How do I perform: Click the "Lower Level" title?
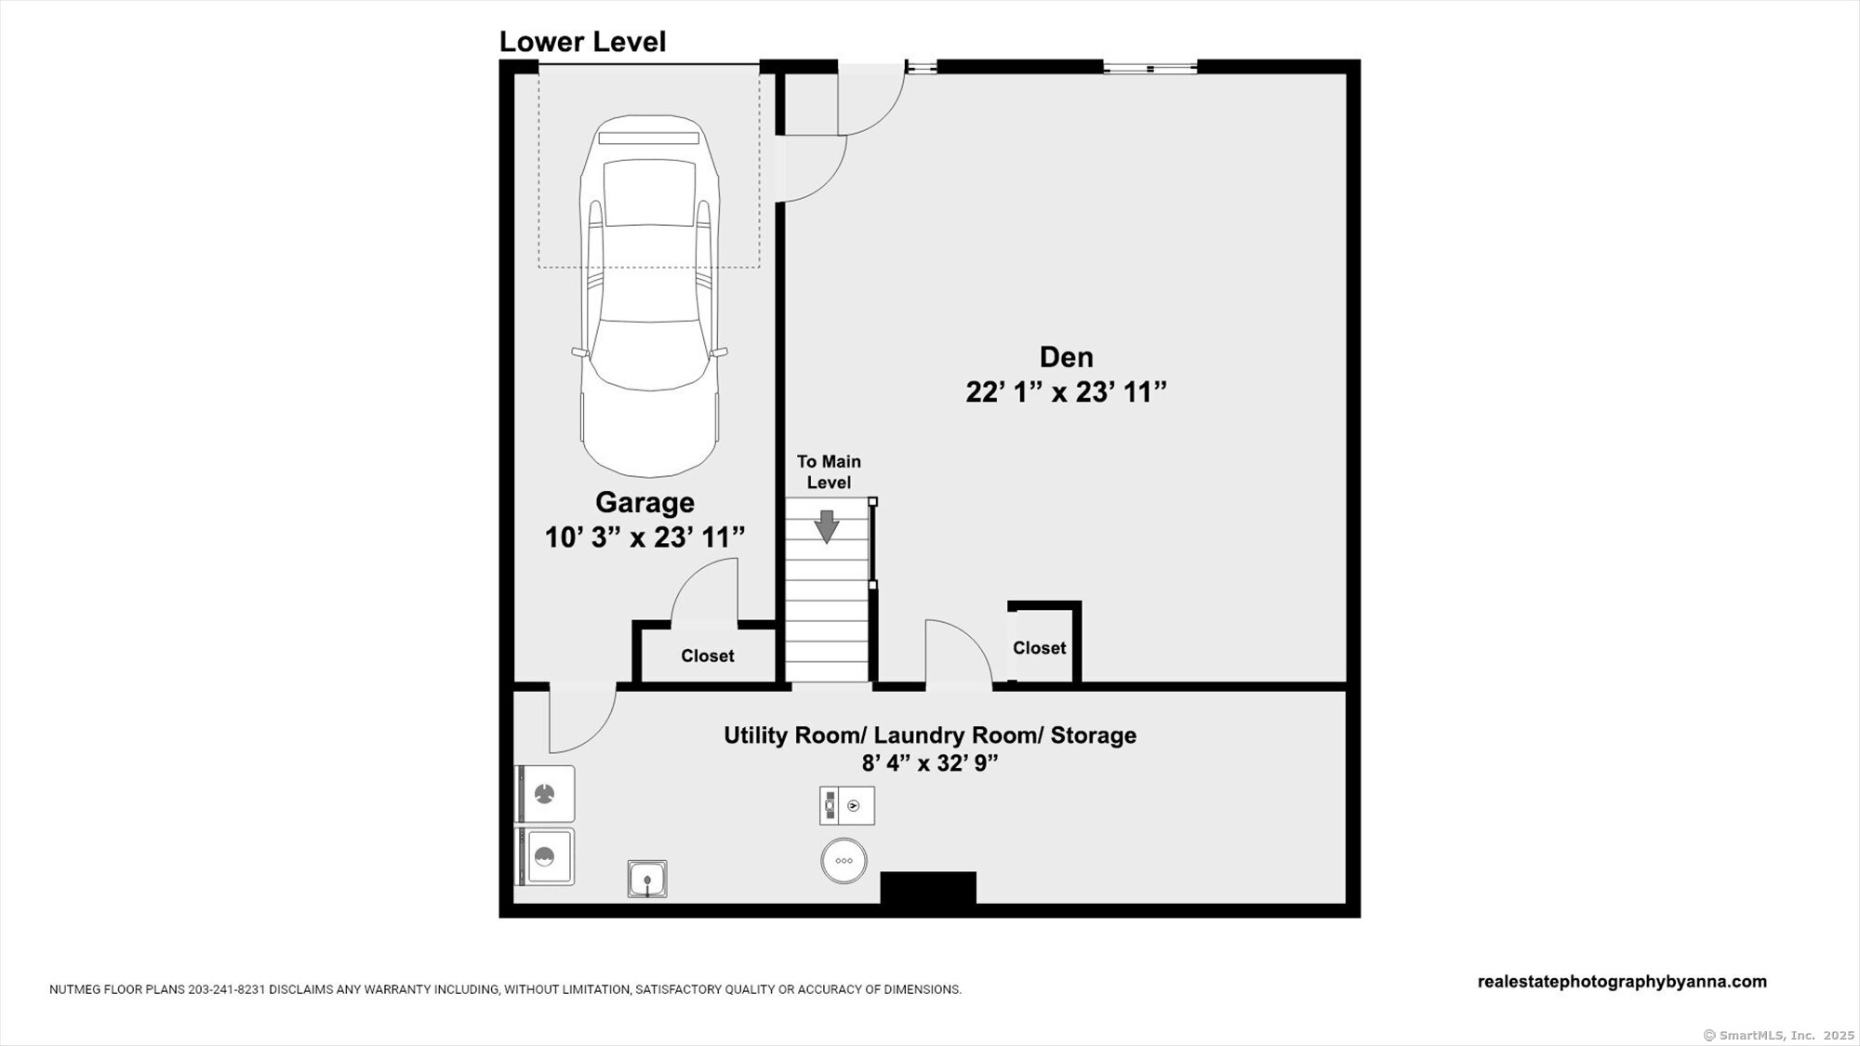(x=582, y=42)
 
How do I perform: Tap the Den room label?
(x=1066, y=357)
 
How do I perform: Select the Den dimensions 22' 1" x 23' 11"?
(x=1066, y=392)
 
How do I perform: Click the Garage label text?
(x=644, y=502)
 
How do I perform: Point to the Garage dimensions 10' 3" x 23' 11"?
(x=644, y=537)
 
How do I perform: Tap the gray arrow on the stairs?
(x=827, y=526)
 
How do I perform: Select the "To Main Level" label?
(x=829, y=472)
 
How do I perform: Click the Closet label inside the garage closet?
(x=707, y=656)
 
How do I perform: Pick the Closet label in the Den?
(x=1039, y=648)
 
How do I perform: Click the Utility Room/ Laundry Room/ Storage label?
(x=930, y=735)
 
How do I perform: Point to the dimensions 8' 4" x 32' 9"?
(x=930, y=763)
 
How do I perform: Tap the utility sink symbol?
(x=647, y=879)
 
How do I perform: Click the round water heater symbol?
(x=844, y=861)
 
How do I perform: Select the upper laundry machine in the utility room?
(x=545, y=794)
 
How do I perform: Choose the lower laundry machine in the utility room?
(x=545, y=856)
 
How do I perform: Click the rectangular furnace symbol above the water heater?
(x=846, y=806)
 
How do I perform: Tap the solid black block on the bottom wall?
(x=928, y=887)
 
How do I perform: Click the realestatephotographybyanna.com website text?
(x=1622, y=982)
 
